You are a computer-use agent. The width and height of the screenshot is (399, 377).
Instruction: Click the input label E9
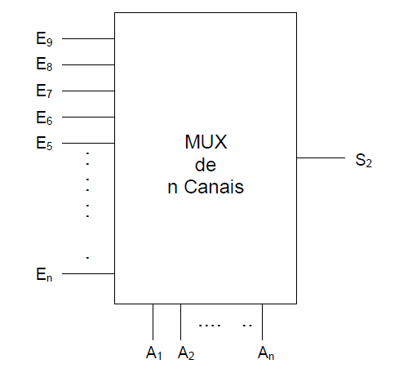pos(44,38)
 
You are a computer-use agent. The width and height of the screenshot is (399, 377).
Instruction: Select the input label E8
pos(44,64)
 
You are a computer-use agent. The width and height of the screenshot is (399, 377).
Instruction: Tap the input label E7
pos(44,91)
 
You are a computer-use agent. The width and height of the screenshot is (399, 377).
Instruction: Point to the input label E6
pos(44,118)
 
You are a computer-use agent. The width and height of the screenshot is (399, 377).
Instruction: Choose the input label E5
pos(44,144)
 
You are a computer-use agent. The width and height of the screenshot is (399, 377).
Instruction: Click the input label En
pos(44,275)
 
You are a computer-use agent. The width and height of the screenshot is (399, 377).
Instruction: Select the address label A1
pos(153,353)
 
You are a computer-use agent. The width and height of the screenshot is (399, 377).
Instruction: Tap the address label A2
pos(185,353)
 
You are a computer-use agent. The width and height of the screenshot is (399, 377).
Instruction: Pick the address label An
pos(265,353)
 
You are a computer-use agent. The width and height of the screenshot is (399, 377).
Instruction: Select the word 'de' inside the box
pos(206,166)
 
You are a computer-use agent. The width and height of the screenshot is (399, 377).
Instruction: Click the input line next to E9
pos(88,38)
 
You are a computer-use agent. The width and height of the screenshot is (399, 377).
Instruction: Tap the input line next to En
pos(88,274)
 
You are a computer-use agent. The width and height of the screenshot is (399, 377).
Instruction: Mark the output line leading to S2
pos(321,159)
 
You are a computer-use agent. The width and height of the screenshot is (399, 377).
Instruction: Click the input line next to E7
pos(88,91)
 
